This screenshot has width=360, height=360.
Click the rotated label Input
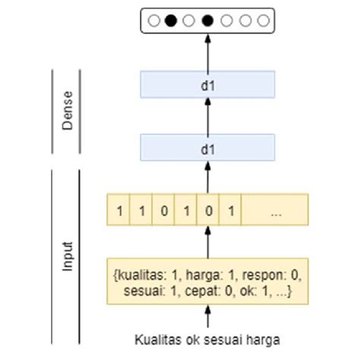[67, 259]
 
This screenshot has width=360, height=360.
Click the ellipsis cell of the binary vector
[275, 208]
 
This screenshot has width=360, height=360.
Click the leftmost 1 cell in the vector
[118, 208]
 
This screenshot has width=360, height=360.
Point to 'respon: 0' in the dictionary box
[268, 273]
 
